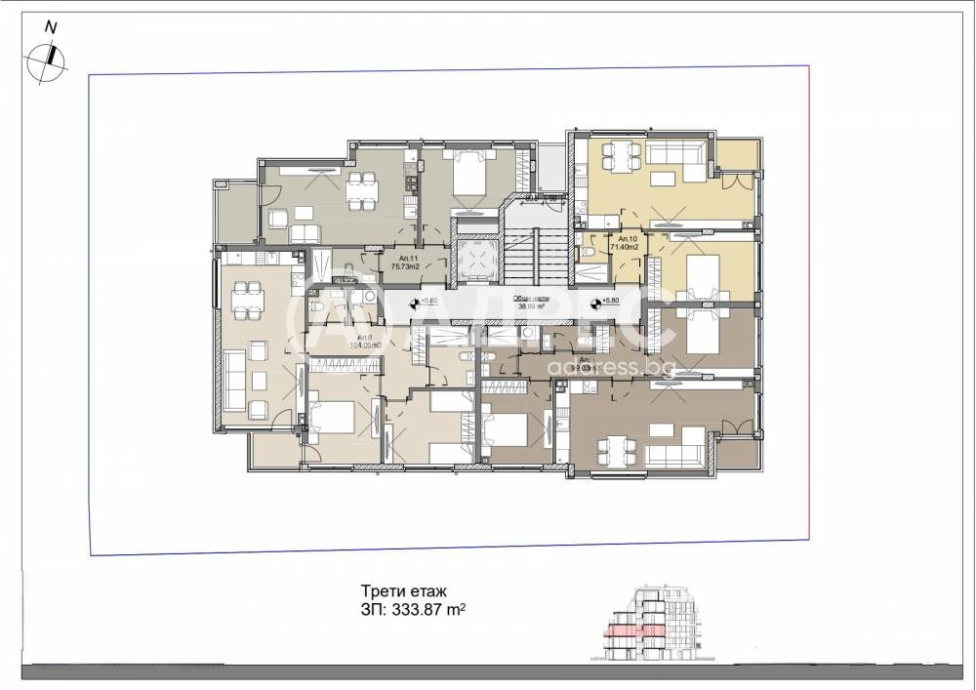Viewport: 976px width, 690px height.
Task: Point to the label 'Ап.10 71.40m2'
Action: pos(625,244)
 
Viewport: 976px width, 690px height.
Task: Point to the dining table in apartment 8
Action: pos(247,295)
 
